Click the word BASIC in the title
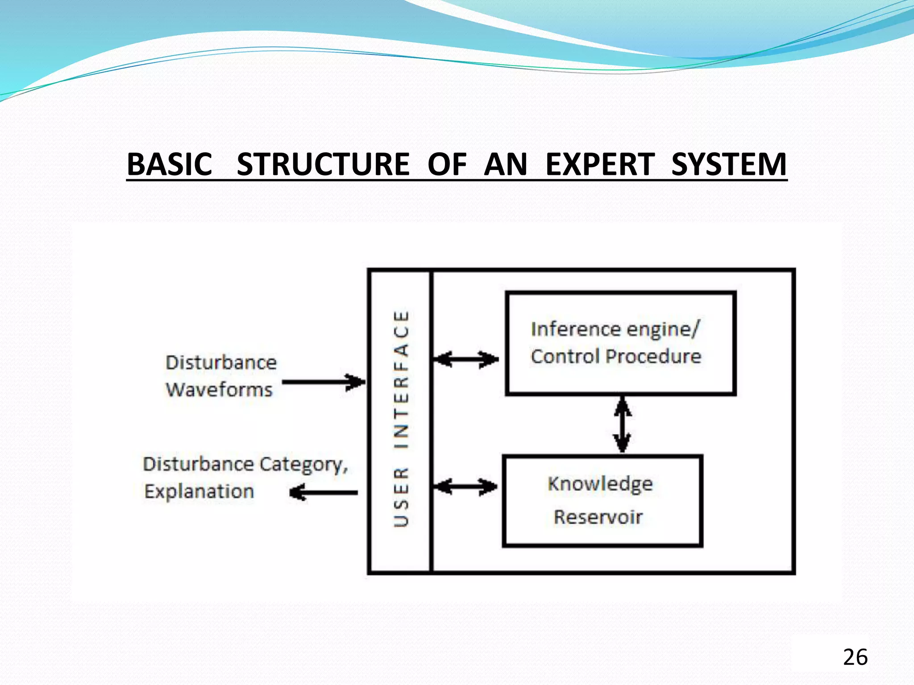[x=170, y=164]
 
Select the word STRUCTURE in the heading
[x=323, y=164]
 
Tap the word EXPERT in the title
[x=600, y=164]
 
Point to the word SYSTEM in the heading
[x=728, y=164]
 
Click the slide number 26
[x=855, y=657]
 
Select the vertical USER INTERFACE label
[x=401, y=419]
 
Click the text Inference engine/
[x=615, y=329]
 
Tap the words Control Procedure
[x=616, y=356]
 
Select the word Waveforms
[x=219, y=390]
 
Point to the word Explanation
[x=199, y=491]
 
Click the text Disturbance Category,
[x=245, y=464]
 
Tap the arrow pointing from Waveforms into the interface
[x=324, y=382]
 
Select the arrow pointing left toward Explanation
[x=324, y=493]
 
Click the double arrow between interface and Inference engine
[x=466, y=359]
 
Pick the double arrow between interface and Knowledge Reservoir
[x=466, y=486]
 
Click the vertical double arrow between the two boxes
[x=622, y=425]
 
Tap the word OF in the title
[x=447, y=164]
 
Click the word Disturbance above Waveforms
[x=221, y=363]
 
